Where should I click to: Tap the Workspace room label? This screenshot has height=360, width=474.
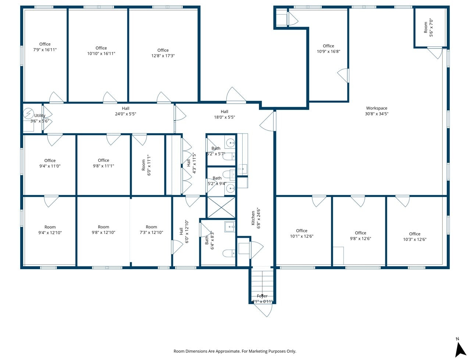pos(377,108)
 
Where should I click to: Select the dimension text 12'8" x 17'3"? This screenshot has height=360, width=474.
pos(163,56)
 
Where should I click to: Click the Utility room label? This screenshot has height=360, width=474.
pos(40,115)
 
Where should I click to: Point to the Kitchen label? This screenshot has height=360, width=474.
pos(253,218)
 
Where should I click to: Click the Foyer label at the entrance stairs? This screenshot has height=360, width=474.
pos(262,296)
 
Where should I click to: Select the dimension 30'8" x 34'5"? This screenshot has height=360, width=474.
pos(377,114)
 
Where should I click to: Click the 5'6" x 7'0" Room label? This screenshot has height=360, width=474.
pos(426,28)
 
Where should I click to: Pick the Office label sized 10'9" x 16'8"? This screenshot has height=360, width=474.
pos(328,46)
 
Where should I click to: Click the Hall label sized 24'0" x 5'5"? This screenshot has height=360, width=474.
pos(126,108)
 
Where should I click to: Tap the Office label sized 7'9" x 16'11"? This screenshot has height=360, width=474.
pos(45,44)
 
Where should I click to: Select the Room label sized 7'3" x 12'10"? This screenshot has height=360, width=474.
pos(151,227)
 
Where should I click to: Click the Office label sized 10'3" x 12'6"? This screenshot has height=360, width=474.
pos(414,234)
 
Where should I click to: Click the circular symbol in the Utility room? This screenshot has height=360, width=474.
pos(29,114)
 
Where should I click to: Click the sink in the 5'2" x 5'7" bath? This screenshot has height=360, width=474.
pos(230,142)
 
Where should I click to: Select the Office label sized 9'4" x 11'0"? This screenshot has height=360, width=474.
pos(50,160)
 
